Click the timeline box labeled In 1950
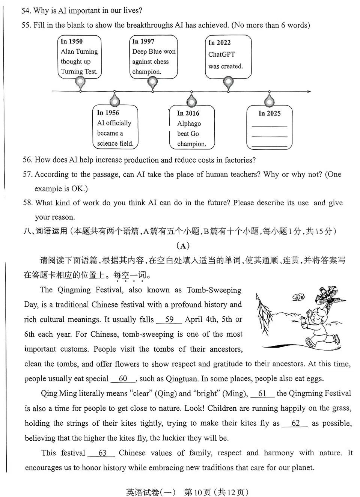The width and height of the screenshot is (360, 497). point(79,56)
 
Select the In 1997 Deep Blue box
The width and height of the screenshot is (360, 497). point(153,56)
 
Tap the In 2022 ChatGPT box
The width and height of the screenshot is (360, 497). point(228,56)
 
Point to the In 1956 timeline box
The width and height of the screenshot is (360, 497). point(115,128)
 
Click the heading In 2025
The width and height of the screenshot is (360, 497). point(269,113)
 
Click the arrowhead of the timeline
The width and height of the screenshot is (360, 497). point(309,91)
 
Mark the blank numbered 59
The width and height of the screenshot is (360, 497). point(169,320)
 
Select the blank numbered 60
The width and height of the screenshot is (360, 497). point(123,379)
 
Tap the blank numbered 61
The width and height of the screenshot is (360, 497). point(262,394)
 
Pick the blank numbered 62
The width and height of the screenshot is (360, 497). point(295,423)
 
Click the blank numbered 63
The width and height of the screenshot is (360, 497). point(102,453)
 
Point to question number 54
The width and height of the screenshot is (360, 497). point(26,11)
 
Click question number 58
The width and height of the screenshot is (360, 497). point(27,203)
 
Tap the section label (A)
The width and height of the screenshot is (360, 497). point(183,246)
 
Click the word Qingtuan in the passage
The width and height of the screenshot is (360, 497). point(182,379)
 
